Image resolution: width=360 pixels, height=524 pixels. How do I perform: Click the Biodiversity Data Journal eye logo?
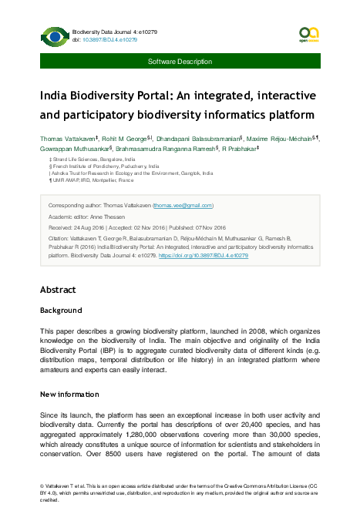pos(54,35)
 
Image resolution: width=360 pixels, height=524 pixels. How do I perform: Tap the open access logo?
pos(308,34)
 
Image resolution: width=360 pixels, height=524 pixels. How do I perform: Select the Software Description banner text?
pos(180,61)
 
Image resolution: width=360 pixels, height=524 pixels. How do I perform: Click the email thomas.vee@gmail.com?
pos(183,206)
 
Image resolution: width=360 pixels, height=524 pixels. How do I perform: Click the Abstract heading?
pos(58,290)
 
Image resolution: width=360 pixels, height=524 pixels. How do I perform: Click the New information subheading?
pos(74,394)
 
